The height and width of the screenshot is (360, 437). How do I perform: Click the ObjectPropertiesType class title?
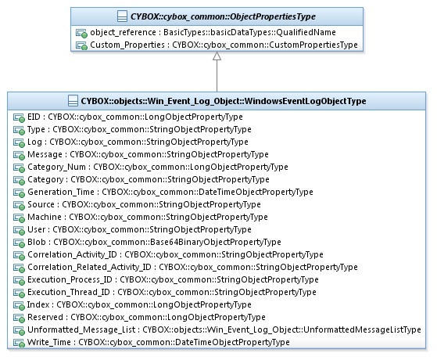pos(223,16)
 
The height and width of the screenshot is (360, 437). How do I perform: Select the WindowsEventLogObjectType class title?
pos(224,101)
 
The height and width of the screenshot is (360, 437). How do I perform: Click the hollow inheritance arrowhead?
pos(217,56)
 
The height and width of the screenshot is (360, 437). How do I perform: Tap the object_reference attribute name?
pos(123,33)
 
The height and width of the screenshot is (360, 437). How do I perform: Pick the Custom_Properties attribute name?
pos(127,45)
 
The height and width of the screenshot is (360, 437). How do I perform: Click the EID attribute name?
pos(34,117)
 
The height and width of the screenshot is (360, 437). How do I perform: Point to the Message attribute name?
pos(45,155)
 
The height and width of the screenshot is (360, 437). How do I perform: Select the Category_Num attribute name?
pos(56,167)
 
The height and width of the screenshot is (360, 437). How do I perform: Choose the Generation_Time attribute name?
pos(61,192)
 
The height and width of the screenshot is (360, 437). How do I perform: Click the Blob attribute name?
pos(37,242)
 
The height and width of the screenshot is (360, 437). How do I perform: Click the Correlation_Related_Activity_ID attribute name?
pos(89,268)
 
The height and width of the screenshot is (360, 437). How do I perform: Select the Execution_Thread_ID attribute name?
pos(69,292)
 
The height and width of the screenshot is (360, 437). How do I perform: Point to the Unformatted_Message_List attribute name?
pos(81,329)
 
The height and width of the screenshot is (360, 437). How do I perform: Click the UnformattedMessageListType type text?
pos(362,329)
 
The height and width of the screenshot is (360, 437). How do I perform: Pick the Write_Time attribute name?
pos(49,343)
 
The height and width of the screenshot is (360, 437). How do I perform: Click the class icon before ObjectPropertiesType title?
pos(122,16)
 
